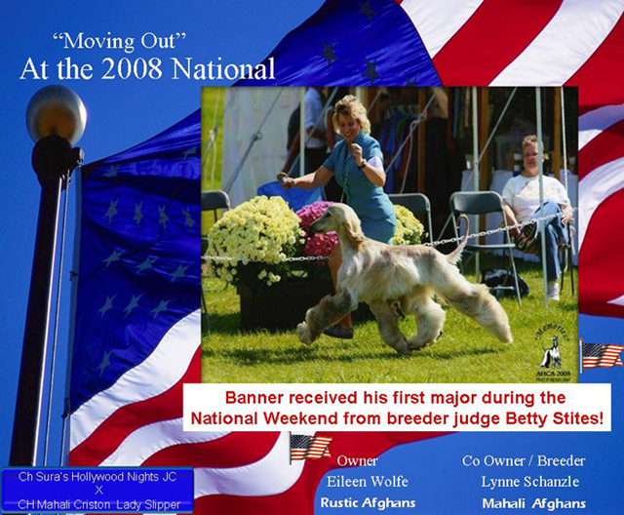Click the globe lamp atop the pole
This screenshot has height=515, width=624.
coord(57,115)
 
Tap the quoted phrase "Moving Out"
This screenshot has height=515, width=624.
coord(119,41)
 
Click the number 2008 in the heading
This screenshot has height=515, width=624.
coord(132,68)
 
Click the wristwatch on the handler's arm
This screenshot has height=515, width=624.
coord(362,164)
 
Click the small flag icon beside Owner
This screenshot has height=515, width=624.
coord(310,448)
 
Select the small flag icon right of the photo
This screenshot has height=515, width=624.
coord(601,354)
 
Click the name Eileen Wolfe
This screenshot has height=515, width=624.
coord(368,482)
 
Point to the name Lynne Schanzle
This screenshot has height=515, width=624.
coord(530,482)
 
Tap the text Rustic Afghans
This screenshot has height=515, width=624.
coord(369,502)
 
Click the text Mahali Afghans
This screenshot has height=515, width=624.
coord(534,503)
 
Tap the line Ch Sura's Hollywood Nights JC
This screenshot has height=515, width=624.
coord(97,477)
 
